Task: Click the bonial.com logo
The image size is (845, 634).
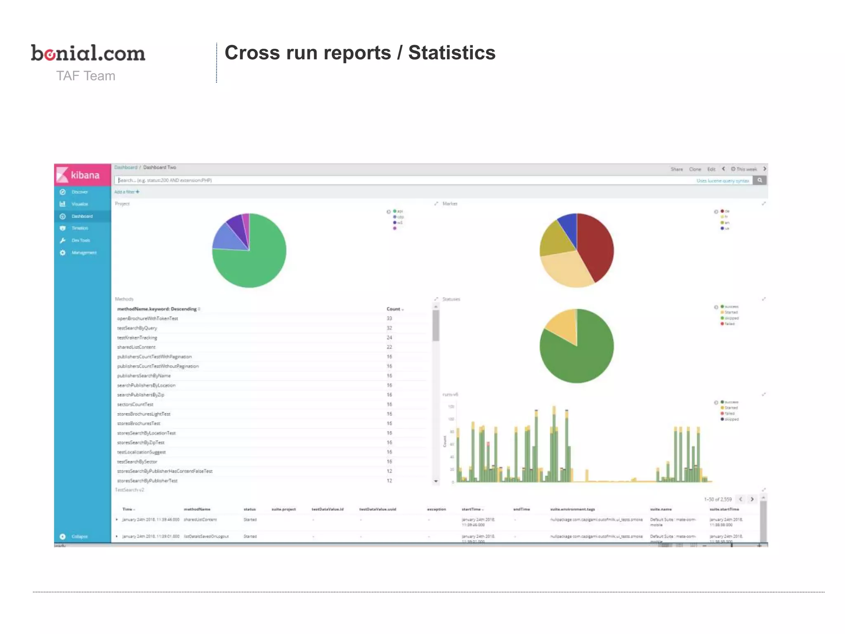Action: point(88,53)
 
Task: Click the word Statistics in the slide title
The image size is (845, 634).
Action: point(451,53)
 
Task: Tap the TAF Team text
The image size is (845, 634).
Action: point(85,76)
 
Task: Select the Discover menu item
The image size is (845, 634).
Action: point(79,192)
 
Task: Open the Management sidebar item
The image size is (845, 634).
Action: point(84,253)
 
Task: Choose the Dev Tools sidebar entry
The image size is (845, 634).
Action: point(80,240)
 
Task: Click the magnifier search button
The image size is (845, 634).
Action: point(759,180)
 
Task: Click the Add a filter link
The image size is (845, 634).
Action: point(126,192)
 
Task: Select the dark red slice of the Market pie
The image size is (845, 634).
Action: point(596,244)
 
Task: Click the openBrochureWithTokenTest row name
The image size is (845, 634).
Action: point(147,319)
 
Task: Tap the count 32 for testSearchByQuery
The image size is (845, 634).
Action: point(389,328)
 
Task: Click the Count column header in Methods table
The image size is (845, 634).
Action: point(394,309)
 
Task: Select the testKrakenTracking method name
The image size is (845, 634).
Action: point(137,338)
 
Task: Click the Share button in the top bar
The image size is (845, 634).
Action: point(676,169)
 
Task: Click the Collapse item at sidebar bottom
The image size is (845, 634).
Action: point(79,537)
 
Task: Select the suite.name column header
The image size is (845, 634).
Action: point(661,509)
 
